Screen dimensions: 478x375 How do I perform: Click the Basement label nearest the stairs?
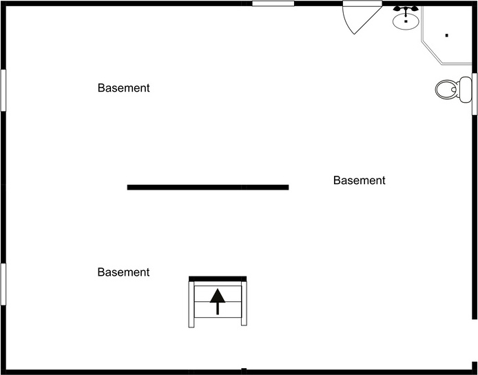pos(123,272)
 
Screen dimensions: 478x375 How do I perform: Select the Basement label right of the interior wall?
pos(359,181)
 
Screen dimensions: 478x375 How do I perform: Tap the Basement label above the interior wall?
pos(123,88)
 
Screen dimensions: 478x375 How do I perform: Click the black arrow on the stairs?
pos(218,301)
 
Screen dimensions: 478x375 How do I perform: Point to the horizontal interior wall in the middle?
pos(207,187)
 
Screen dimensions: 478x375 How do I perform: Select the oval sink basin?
pos(406,21)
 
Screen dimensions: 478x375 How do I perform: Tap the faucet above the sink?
pos(406,10)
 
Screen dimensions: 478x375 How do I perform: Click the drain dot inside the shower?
pos(446,34)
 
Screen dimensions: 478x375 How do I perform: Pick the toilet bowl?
pos(446,89)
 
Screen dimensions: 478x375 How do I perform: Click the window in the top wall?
pos(273,3)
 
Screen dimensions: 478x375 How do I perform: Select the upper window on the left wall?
pos(3,89)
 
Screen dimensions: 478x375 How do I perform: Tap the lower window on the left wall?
pos(3,283)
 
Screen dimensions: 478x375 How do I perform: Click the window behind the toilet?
pos(475,94)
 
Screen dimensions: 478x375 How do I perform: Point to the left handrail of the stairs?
pos(191,303)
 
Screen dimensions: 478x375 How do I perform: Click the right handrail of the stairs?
pos(244,303)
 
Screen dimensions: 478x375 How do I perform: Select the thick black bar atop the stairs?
pos(218,278)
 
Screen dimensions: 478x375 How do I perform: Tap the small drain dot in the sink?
pos(406,22)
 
